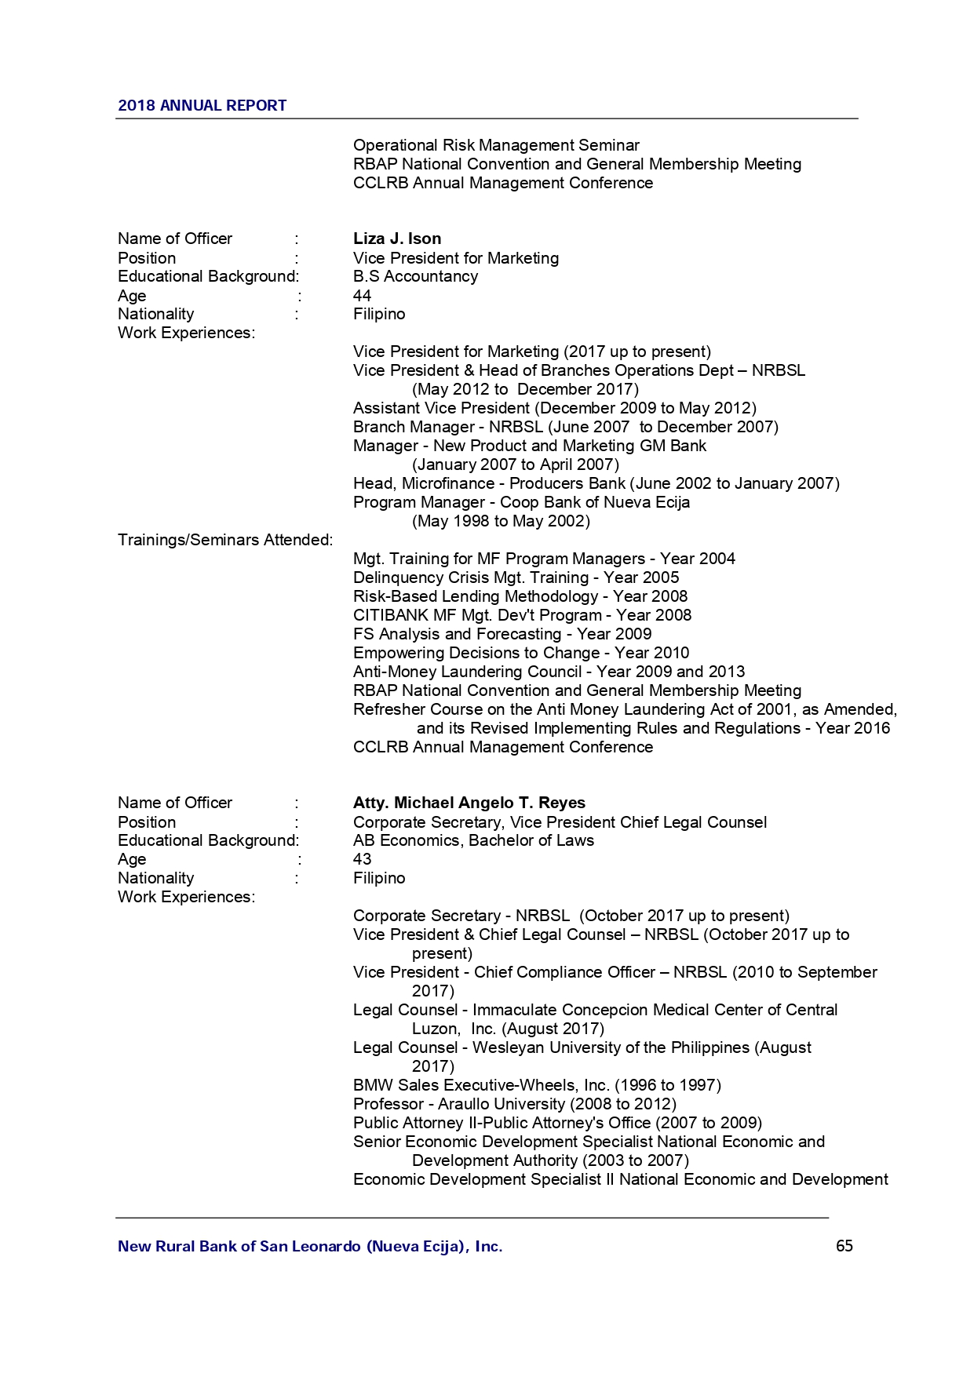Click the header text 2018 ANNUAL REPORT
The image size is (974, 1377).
click(x=202, y=106)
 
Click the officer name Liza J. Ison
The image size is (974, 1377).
click(x=396, y=239)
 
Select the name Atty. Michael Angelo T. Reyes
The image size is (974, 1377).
click(x=469, y=803)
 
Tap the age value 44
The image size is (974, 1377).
click(x=362, y=296)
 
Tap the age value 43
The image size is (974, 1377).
click(x=362, y=859)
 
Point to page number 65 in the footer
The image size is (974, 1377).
click(x=844, y=1246)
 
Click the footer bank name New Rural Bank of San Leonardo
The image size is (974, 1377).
click(x=309, y=1246)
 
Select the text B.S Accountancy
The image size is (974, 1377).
click(x=415, y=276)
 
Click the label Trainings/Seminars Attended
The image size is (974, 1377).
click(x=225, y=540)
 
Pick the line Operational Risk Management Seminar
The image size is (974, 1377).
click(x=495, y=145)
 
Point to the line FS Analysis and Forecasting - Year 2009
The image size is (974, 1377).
click(x=502, y=634)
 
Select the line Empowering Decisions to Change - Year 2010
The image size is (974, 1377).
click(x=520, y=653)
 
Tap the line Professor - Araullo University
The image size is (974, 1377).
click(x=514, y=1104)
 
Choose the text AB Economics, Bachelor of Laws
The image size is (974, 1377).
click(x=472, y=840)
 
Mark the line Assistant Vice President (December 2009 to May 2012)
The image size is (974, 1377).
click(x=554, y=408)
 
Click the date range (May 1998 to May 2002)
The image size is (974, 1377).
click(x=501, y=521)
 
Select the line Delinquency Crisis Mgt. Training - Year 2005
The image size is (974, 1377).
click(x=516, y=577)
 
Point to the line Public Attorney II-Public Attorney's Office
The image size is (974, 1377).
click(x=557, y=1123)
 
